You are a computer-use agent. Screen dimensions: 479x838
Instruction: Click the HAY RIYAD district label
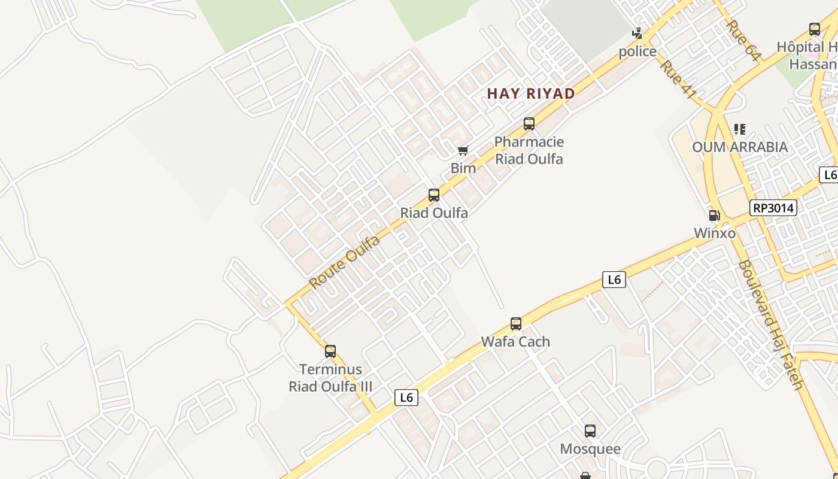[x=531, y=93]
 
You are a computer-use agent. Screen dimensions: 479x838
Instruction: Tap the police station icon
[x=637, y=34]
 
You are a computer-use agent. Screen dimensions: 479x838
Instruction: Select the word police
[x=637, y=51]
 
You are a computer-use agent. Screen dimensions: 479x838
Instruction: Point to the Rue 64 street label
[x=743, y=40]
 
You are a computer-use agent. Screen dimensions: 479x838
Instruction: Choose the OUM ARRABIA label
[x=740, y=147]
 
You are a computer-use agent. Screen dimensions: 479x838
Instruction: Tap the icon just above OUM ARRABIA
[x=740, y=129]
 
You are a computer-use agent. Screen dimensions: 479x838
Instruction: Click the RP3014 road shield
[x=773, y=208]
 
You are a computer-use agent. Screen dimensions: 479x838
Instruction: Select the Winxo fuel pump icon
[x=714, y=215]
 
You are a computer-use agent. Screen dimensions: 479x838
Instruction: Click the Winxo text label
[x=715, y=233]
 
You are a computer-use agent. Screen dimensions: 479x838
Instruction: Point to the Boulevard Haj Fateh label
[x=770, y=325]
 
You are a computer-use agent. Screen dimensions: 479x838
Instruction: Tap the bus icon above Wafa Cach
[x=516, y=324]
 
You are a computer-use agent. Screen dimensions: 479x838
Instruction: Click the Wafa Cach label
[x=515, y=341]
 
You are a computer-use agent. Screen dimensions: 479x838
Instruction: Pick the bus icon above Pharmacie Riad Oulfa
[x=529, y=124]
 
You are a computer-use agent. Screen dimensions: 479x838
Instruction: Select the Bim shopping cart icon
[x=463, y=150]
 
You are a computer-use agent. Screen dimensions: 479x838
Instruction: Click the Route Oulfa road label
[x=345, y=262]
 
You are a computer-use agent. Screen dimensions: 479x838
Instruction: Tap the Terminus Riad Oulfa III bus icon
[x=330, y=351]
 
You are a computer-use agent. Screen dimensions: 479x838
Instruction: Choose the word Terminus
[x=330, y=369]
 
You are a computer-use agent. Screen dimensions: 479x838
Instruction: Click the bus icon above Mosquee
[x=590, y=431]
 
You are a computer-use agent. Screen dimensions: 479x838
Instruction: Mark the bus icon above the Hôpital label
[x=815, y=29]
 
